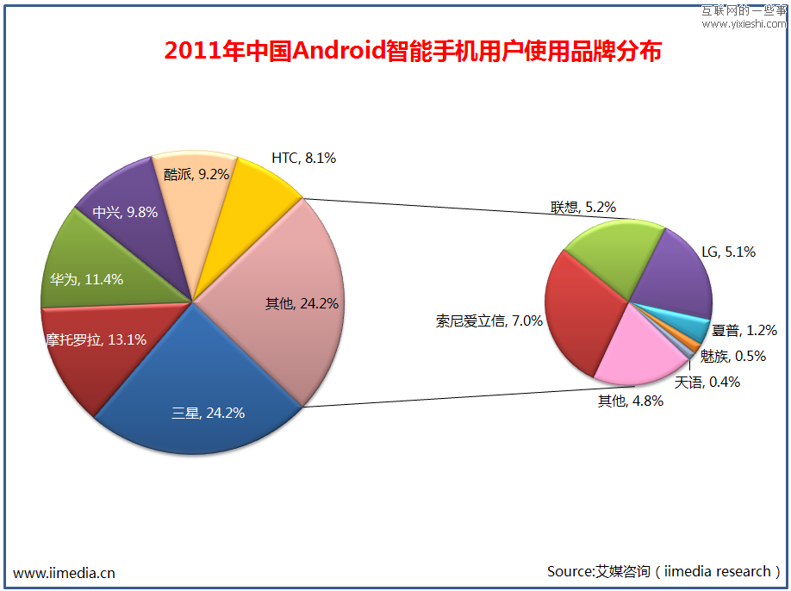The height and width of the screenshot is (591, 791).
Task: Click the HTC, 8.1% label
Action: pyautogui.click(x=303, y=158)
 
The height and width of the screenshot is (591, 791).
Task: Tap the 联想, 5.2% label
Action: pyautogui.click(x=583, y=207)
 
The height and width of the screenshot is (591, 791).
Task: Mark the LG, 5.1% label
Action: pyautogui.click(x=728, y=252)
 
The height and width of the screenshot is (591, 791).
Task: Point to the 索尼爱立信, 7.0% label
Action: pyautogui.click(x=489, y=320)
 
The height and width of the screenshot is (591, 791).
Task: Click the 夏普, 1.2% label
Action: pyautogui.click(x=744, y=329)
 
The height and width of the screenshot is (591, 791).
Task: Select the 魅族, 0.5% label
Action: pyautogui.click(x=732, y=356)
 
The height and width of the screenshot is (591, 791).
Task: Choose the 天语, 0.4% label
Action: pyautogui.click(x=707, y=382)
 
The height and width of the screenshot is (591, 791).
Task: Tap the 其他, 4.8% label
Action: pyautogui.click(x=630, y=401)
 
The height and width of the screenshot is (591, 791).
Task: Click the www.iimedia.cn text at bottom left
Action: pyautogui.click(x=65, y=573)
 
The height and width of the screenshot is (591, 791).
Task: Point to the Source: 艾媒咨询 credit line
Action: pyautogui.click(x=664, y=571)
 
